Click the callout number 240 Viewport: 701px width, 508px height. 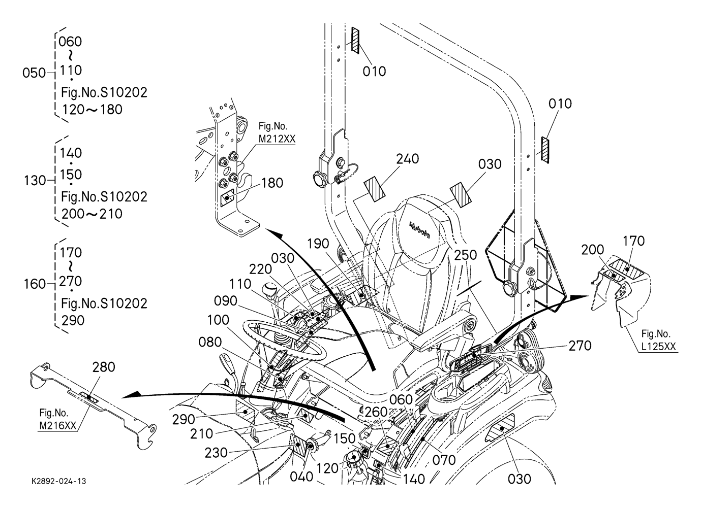click(x=408, y=159)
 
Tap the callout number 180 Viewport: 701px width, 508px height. click(x=272, y=183)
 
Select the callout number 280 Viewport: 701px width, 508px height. click(x=104, y=367)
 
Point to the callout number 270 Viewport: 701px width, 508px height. click(x=580, y=346)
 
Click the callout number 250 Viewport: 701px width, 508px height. click(x=466, y=255)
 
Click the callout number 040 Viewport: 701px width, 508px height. click(x=301, y=477)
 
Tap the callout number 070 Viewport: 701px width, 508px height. click(x=444, y=460)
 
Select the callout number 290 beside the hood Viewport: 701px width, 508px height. click(x=184, y=419)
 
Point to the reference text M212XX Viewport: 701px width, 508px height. click(x=277, y=139)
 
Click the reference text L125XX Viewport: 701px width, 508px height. click(x=659, y=347)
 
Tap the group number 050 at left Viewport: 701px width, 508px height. click(x=34, y=73)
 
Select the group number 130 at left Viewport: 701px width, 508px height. click(x=35, y=181)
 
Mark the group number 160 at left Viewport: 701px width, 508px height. click(x=35, y=284)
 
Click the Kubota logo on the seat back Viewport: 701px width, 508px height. click(x=420, y=229)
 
